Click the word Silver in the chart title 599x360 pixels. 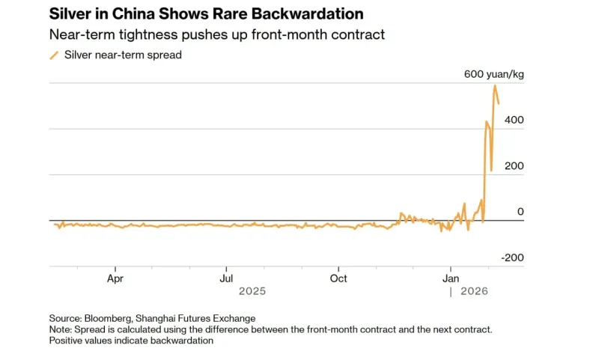point(70,14)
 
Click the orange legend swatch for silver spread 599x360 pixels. point(54,55)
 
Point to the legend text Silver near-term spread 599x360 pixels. point(123,55)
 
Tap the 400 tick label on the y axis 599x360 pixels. point(514,120)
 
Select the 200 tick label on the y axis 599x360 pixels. point(514,166)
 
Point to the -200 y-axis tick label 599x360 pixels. point(513,257)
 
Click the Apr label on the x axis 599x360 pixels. point(115,278)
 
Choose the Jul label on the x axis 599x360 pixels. point(226,278)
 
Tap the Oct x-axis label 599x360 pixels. point(338,278)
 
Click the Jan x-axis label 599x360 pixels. point(451,278)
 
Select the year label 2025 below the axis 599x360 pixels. point(252,291)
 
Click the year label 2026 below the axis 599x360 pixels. point(473,291)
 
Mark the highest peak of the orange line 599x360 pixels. point(495,85)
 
